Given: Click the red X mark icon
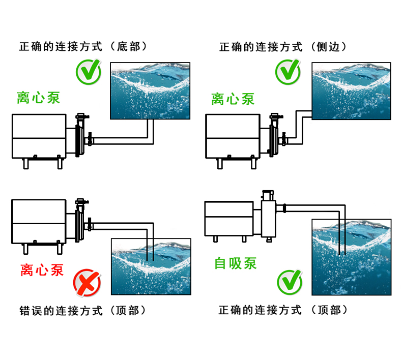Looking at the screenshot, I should pos(87,283).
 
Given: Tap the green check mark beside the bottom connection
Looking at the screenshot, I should pos(88,73).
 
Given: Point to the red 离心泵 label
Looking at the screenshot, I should pos(42,269).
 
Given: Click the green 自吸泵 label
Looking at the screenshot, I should pos(235,263).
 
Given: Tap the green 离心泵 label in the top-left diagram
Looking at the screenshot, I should pos(38,98).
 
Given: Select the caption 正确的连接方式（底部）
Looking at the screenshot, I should pos(83,47).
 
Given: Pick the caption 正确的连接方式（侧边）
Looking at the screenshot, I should pos(283,47).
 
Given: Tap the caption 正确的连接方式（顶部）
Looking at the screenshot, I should pos(283,310).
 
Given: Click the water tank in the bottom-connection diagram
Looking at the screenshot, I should pos(151,91).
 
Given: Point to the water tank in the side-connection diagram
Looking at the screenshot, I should pos(351,91).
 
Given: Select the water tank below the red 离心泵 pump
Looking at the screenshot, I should pos(151,266).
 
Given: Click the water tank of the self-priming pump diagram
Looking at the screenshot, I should pos(352,257).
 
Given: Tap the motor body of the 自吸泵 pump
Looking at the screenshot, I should pos(228,218).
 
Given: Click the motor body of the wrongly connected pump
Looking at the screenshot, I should pos(39,221).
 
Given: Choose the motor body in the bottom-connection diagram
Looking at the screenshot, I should pos(39,136).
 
